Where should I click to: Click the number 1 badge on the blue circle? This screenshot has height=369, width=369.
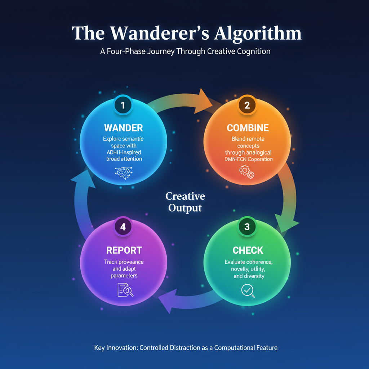coord(123,105)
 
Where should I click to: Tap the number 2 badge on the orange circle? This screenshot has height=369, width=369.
coord(247,105)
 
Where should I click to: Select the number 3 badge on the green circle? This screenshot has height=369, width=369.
coord(247,227)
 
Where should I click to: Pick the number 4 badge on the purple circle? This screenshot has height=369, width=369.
coord(123,227)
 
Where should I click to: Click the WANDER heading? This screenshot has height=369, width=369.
coord(123,128)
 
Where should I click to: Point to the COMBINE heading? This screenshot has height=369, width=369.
coord(248,128)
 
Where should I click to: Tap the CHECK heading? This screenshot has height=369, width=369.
coord(248,250)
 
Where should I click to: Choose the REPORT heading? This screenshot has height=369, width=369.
coord(124,250)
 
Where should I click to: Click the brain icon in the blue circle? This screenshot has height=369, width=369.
coord(123,173)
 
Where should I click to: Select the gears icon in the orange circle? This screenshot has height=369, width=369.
coord(247,172)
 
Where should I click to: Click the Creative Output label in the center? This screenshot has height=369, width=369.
coord(185,202)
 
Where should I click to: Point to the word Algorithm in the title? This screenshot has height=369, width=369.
coord(258,33)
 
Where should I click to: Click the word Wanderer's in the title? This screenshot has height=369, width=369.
coord(159,33)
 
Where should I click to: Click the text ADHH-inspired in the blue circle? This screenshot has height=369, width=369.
coord(123,152)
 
